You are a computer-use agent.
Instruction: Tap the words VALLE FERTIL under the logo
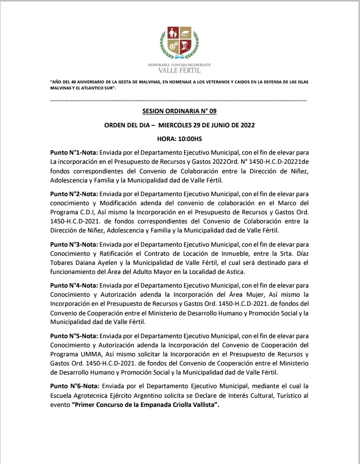point(180,70)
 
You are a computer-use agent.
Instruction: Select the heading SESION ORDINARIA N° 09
point(179,112)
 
